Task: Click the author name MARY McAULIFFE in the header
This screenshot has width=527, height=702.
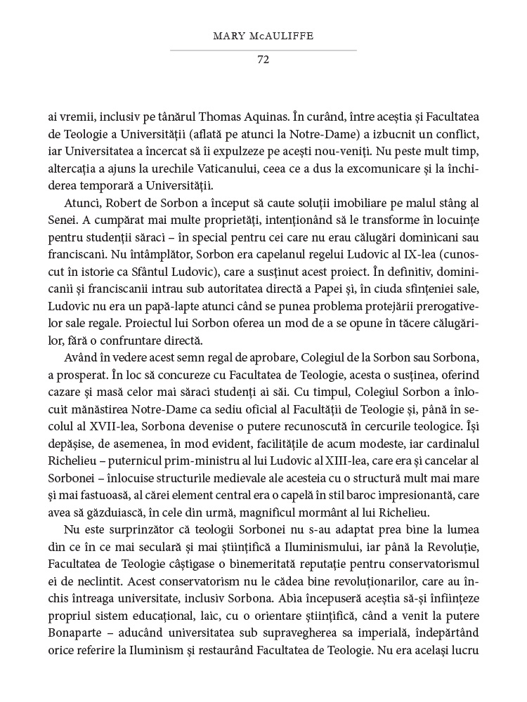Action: point(263,36)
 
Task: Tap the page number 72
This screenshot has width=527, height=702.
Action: point(263,60)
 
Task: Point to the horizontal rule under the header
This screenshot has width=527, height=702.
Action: point(263,50)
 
